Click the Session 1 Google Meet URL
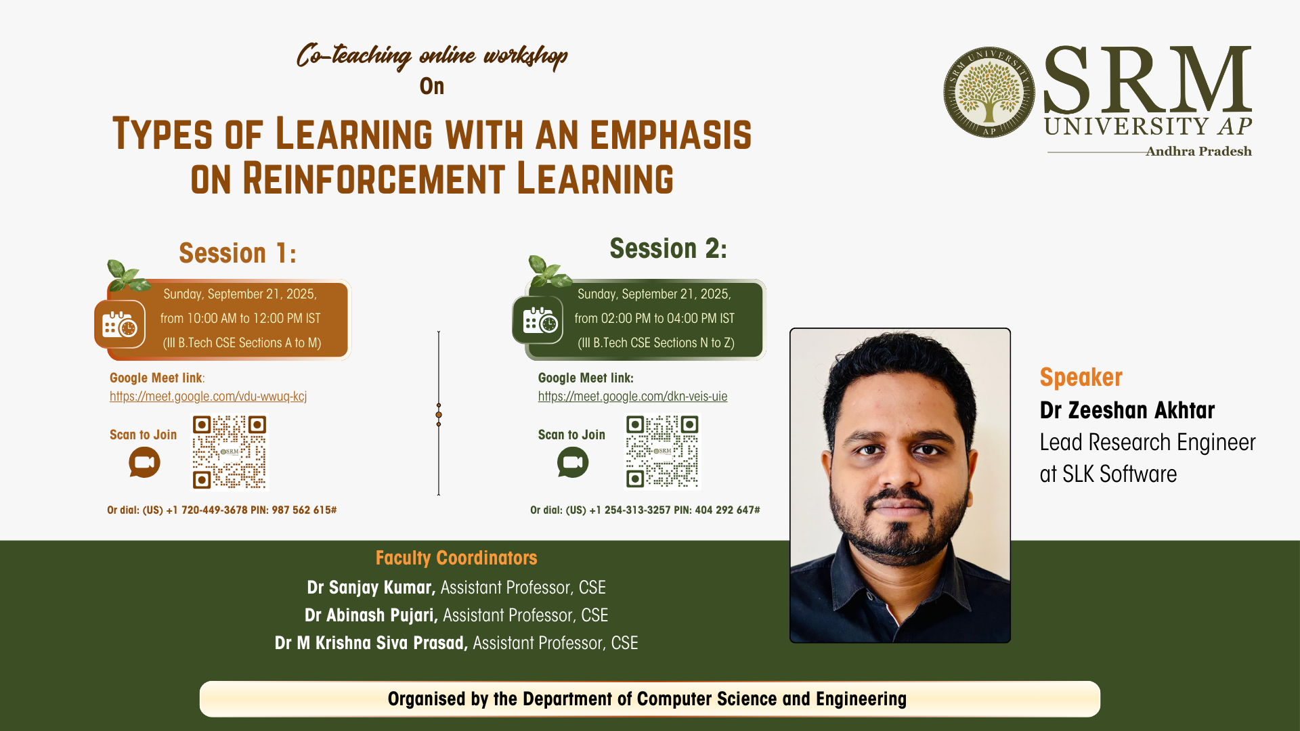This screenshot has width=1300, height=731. (x=209, y=397)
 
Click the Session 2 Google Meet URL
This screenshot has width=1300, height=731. (x=632, y=397)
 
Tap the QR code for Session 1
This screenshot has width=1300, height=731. (x=230, y=451)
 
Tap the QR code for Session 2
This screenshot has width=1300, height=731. (x=662, y=451)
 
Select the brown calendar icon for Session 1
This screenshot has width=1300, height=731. (x=120, y=324)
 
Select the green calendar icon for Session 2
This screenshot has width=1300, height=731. (x=538, y=319)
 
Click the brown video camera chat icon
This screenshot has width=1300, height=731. (x=144, y=463)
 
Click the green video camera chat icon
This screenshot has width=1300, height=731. (x=573, y=463)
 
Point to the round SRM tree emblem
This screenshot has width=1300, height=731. (x=989, y=92)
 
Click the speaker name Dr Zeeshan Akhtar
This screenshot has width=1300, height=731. (x=1127, y=410)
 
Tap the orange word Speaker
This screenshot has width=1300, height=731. (x=1081, y=377)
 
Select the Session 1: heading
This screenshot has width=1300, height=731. (x=238, y=253)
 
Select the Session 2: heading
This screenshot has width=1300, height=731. (x=668, y=248)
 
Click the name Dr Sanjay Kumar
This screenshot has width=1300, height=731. (x=371, y=588)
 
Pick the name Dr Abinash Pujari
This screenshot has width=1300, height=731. (x=371, y=615)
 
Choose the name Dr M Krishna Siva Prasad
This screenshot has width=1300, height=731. (x=371, y=643)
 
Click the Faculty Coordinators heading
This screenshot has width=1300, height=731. (x=456, y=558)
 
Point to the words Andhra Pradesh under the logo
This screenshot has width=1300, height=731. (x=1198, y=152)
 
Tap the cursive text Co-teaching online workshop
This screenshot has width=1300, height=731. (x=432, y=56)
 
